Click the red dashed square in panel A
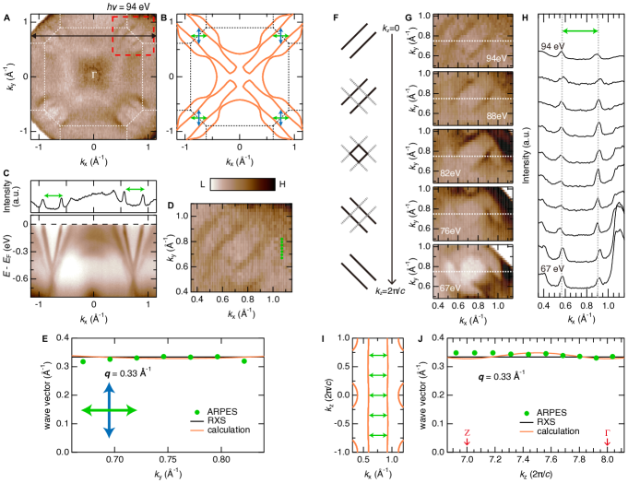tap(132, 43)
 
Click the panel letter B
tap(163, 17)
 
